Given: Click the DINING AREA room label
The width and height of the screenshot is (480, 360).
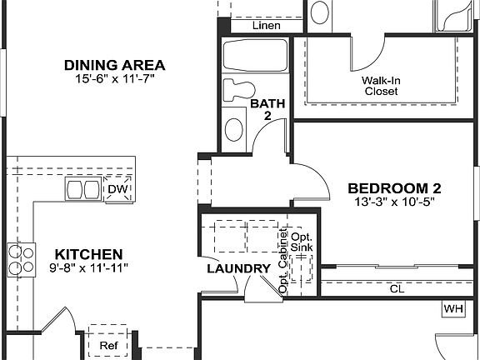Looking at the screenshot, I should [x=115, y=64].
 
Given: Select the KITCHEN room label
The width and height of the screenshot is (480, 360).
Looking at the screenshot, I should [x=89, y=254].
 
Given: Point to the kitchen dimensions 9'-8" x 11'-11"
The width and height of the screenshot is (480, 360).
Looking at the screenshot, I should [x=87, y=267].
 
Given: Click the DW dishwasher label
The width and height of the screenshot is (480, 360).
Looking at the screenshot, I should [x=117, y=189].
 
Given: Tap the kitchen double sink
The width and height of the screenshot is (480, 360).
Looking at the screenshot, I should [x=81, y=190].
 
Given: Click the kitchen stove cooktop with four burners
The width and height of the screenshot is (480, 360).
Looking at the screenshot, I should [x=22, y=259].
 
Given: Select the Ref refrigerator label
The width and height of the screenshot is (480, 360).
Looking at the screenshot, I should [x=108, y=345].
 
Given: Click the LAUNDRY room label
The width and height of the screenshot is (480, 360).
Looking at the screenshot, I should [x=238, y=269].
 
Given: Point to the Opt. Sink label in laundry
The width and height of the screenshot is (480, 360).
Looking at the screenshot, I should [x=301, y=244].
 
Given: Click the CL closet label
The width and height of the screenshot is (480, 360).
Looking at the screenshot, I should [x=397, y=289].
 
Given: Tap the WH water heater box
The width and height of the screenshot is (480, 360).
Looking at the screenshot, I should [x=452, y=308].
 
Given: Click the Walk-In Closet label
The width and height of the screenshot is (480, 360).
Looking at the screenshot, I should [x=380, y=86].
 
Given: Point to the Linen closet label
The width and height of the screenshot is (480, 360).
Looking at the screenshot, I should [x=266, y=26].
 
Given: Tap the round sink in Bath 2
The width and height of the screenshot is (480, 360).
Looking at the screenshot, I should [x=235, y=128].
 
